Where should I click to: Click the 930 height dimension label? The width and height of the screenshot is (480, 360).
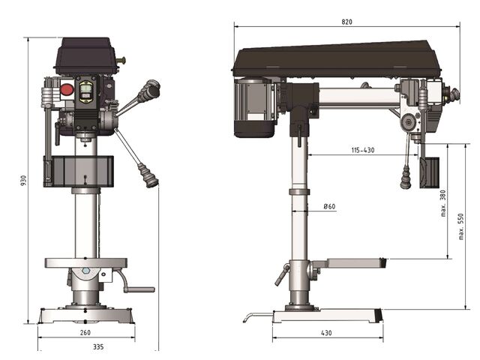[x=23, y=180]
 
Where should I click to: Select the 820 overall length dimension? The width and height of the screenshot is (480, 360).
[x=346, y=22]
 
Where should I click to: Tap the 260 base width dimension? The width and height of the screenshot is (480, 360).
[x=85, y=332]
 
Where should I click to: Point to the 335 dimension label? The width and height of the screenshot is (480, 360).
[x=98, y=346]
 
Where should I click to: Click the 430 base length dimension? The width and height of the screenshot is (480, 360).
[x=326, y=332]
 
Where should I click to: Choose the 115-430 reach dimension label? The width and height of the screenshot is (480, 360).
[x=363, y=150]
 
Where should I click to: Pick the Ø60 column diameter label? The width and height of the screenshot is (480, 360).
[x=329, y=207]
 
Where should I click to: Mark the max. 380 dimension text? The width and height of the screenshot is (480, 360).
[x=443, y=203]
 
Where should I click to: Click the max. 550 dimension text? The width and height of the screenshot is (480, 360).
[x=461, y=226]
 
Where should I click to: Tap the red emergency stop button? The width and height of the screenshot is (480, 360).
[x=67, y=89]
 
